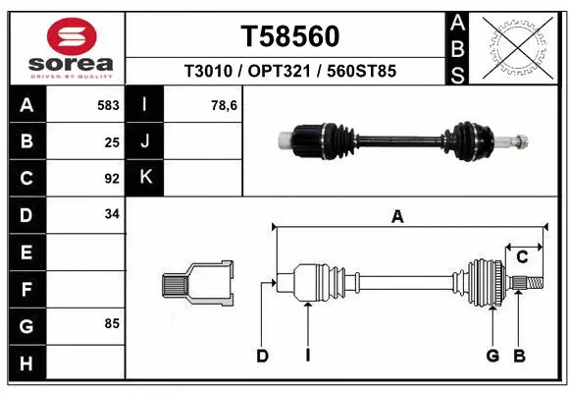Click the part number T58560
[289, 36]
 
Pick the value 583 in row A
[108, 103]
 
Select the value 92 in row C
[111, 178]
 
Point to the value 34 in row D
[111, 213]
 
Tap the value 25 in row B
[111, 141]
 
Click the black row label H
[26, 364]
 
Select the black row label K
[146, 178]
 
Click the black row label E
[26, 253]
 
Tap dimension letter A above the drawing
[397, 218]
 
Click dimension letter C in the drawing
[522, 257]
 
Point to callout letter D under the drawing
[262, 356]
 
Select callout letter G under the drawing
[492, 356]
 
